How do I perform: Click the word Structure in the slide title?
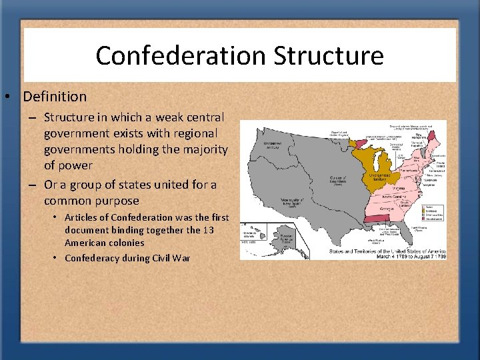(x=329, y=55)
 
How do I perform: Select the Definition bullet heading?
(x=55, y=97)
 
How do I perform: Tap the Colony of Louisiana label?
(x=341, y=180)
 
